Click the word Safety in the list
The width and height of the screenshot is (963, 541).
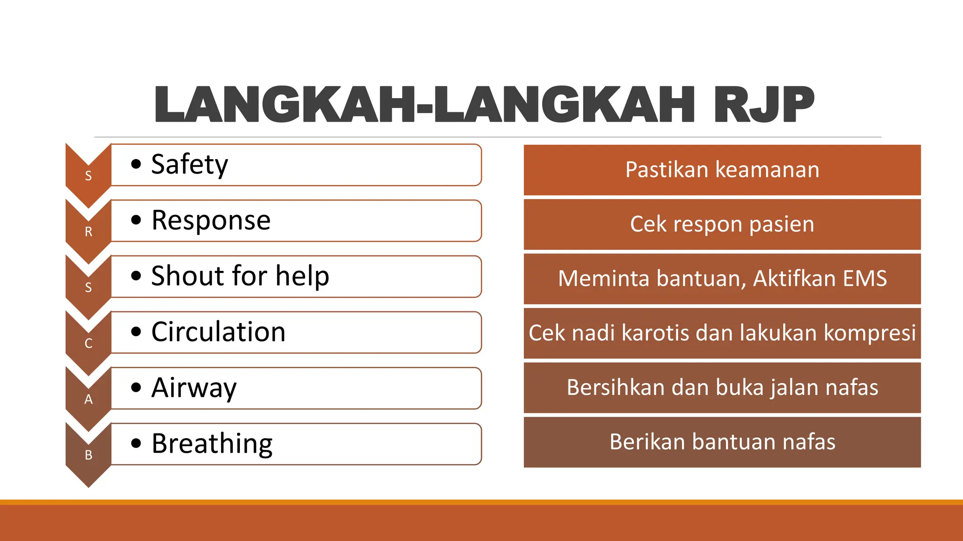[x=189, y=165]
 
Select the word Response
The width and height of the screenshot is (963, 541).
[x=211, y=220]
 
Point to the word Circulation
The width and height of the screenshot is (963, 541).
[x=218, y=332]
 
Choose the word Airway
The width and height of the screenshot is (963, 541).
[x=194, y=388]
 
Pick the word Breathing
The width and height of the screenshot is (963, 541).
[x=212, y=444]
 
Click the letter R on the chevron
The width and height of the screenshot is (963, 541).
[x=88, y=232]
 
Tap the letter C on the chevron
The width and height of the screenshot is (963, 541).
[x=88, y=344]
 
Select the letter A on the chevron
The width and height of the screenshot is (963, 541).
[x=88, y=400]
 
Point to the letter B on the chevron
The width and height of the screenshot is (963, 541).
[x=88, y=456]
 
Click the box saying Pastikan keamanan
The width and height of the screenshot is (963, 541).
[x=722, y=170]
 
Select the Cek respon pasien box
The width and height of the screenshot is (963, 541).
[x=722, y=224]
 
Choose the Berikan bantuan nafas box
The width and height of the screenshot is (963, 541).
[x=722, y=442]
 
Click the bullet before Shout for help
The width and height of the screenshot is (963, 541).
[x=136, y=276]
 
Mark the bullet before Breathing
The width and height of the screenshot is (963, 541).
[x=136, y=444]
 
